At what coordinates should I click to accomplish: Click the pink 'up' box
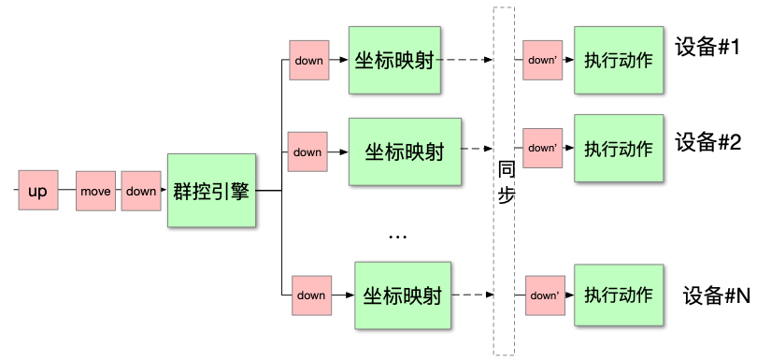pos(37,192)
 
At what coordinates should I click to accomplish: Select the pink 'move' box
pos(95,192)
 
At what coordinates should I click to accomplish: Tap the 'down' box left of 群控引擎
pos(141,192)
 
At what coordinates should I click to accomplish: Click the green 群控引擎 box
pos(211,191)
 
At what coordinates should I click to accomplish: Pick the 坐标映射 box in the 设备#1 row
pos(393,61)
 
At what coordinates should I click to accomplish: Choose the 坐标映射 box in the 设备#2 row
pos(405,151)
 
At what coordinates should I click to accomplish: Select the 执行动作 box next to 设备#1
pos(619,61)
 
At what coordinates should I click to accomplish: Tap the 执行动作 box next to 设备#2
pos(619,148)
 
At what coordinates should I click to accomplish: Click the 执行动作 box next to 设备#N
pos(619,295)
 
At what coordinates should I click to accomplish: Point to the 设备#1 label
pos(707,47)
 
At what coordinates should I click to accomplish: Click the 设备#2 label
pos(707,142)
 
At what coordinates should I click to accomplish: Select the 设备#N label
pos(717,295)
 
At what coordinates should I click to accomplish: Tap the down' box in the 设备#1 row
pos(542,60)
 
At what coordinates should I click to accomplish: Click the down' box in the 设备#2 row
pos(542,148)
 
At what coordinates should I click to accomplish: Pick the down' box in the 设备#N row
pos(544,295)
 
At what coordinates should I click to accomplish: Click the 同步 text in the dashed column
pos(506,183)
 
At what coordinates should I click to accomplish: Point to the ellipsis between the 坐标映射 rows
pos(397,238)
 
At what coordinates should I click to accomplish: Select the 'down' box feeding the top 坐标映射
pos(308,61)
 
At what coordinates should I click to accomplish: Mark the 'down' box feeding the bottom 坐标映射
pos(311,295)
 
